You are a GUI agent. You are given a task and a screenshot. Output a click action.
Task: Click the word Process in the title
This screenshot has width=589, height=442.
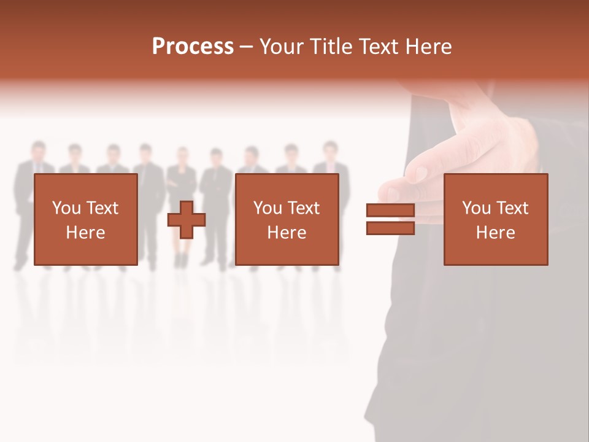193,47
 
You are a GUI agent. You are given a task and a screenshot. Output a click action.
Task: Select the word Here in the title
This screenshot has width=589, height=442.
428,47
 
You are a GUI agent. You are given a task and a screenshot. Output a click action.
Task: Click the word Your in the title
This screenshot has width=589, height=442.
282,47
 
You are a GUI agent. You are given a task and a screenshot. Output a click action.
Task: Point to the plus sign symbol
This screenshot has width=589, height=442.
187,220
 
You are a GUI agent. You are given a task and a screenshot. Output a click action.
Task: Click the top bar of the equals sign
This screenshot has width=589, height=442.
390,211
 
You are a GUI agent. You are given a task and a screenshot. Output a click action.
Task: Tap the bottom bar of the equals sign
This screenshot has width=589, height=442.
390,228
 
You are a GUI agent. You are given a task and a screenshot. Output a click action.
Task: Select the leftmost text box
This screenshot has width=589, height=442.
86,219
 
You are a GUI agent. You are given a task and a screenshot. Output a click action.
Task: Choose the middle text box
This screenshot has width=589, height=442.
287,219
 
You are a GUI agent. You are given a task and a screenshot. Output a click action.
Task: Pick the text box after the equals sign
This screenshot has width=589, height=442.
496,219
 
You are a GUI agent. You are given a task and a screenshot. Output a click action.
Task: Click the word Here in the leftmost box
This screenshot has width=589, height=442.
85,233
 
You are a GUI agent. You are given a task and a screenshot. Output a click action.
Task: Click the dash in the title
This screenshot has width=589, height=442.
247,47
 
